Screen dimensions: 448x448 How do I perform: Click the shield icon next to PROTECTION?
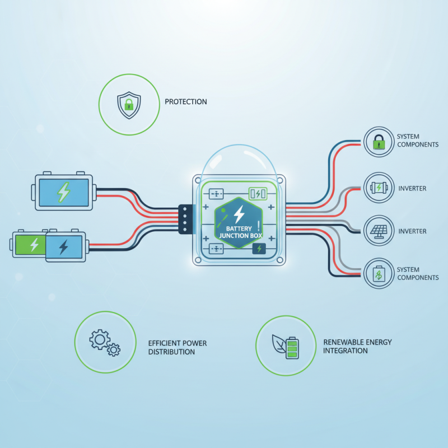[x=129, y=105]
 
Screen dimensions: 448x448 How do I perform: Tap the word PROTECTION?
[x=186, y=102]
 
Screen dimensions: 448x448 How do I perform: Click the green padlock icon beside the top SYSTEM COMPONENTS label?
[x=379, y=142]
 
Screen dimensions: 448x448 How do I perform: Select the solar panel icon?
[x=379, y=231]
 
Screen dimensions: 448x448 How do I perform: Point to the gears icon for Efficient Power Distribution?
[x=105, y=343]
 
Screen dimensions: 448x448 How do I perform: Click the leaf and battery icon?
[x=286, y=347]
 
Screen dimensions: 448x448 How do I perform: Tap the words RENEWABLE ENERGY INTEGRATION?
[x=357, y=346]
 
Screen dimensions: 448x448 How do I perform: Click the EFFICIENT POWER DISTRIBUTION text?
[x=178, y=347]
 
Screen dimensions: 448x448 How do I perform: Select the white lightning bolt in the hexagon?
[x=239, y=214]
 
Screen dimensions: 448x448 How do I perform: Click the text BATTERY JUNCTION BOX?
[x=240, y=232]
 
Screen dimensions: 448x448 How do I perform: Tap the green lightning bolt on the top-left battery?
[x=64, y=192]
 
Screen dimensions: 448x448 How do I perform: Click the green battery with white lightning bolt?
[x=30, y=245]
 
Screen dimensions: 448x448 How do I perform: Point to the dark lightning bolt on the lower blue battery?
[x=63, y=247]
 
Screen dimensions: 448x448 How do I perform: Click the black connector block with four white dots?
[x=185, y=219]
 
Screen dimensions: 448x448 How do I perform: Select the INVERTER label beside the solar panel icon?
[x=412, y=231]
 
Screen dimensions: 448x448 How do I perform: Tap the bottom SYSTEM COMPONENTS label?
[x=418, y=273]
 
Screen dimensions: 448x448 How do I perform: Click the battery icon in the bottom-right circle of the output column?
[x=379, y=274]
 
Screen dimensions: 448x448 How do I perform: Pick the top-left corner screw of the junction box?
[x=198, y=180]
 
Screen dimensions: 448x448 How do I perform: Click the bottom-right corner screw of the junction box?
[x=280, y=260]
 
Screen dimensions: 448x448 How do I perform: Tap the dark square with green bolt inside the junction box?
[x=259, y=249]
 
